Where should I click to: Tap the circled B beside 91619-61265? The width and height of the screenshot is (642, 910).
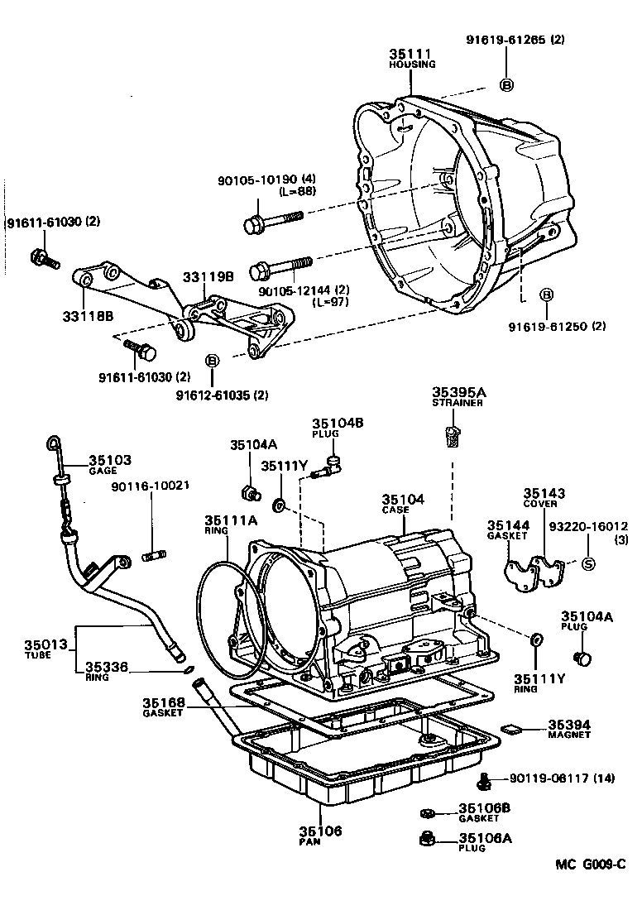506,84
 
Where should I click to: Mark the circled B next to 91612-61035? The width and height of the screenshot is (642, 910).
212,361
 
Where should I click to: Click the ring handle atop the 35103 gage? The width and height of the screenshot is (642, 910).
55,443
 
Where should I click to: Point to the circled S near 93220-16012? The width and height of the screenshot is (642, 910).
588,564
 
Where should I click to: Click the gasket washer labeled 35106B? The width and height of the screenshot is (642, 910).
427,811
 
